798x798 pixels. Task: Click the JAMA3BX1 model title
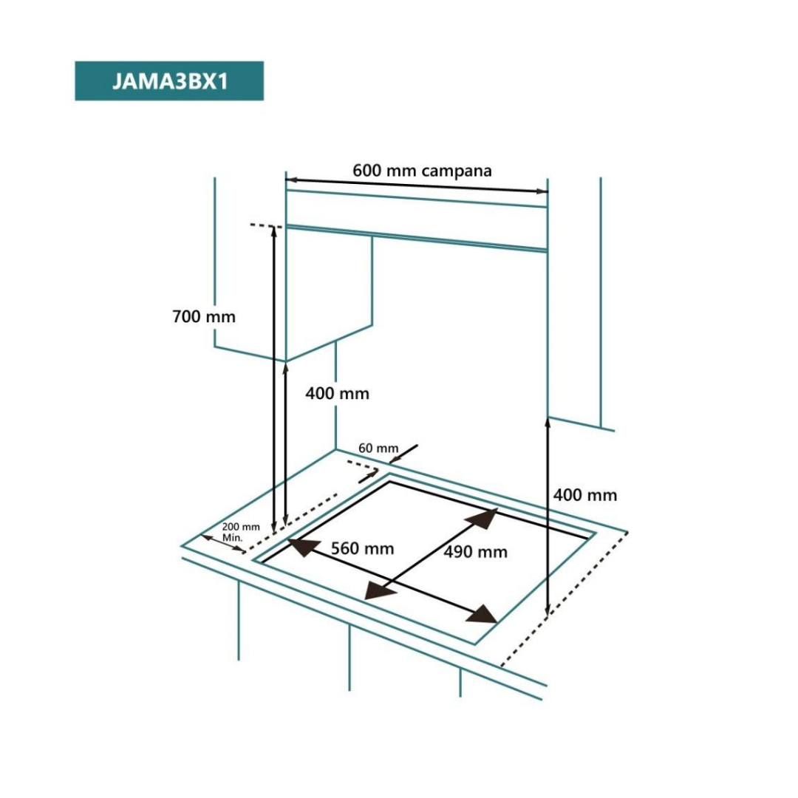170,81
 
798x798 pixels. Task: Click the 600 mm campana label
422,171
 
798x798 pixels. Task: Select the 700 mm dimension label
204,316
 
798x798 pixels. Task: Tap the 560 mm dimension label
362,548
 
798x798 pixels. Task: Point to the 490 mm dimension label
475,552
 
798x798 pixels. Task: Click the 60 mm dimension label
378,448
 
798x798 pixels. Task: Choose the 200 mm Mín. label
241,532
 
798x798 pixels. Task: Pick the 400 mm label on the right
584,495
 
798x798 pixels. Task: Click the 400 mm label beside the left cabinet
337,393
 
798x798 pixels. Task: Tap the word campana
457,171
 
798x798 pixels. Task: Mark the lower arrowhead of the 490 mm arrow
379,590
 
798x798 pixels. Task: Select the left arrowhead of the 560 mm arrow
304,547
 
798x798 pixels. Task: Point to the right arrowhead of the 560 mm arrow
481,615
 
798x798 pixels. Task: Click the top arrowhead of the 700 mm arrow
274,231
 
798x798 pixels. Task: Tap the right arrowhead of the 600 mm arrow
542,191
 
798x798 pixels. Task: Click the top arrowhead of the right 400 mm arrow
548,423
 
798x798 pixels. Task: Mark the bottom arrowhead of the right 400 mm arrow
548,610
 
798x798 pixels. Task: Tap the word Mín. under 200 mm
233,538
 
